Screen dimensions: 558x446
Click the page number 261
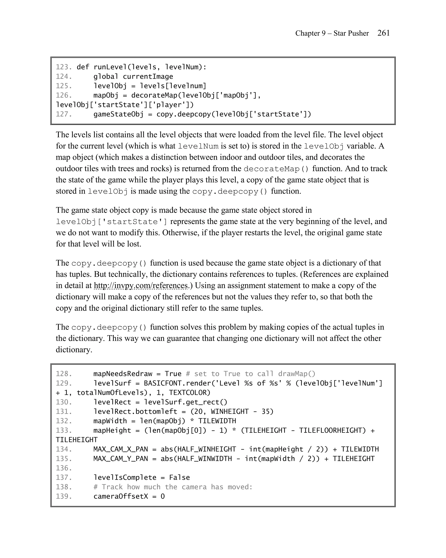383,33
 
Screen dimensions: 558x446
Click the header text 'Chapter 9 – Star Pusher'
332,33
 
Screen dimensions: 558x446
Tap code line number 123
64,67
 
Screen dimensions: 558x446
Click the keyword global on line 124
106,77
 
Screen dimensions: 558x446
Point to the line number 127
64,114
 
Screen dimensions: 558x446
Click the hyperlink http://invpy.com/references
141,286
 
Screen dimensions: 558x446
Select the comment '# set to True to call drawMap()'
250,374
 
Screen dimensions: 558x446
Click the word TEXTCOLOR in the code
190,393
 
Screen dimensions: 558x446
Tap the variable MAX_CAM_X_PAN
120,449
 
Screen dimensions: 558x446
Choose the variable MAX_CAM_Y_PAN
120,459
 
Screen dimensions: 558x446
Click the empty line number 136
64,468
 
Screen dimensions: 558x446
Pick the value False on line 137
179,478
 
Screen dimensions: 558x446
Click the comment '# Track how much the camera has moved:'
173,487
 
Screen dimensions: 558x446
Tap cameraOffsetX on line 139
120,496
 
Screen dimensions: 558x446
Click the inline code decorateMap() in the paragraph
276,169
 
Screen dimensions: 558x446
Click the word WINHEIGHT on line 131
230,412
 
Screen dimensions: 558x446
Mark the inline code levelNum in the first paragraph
198,146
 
